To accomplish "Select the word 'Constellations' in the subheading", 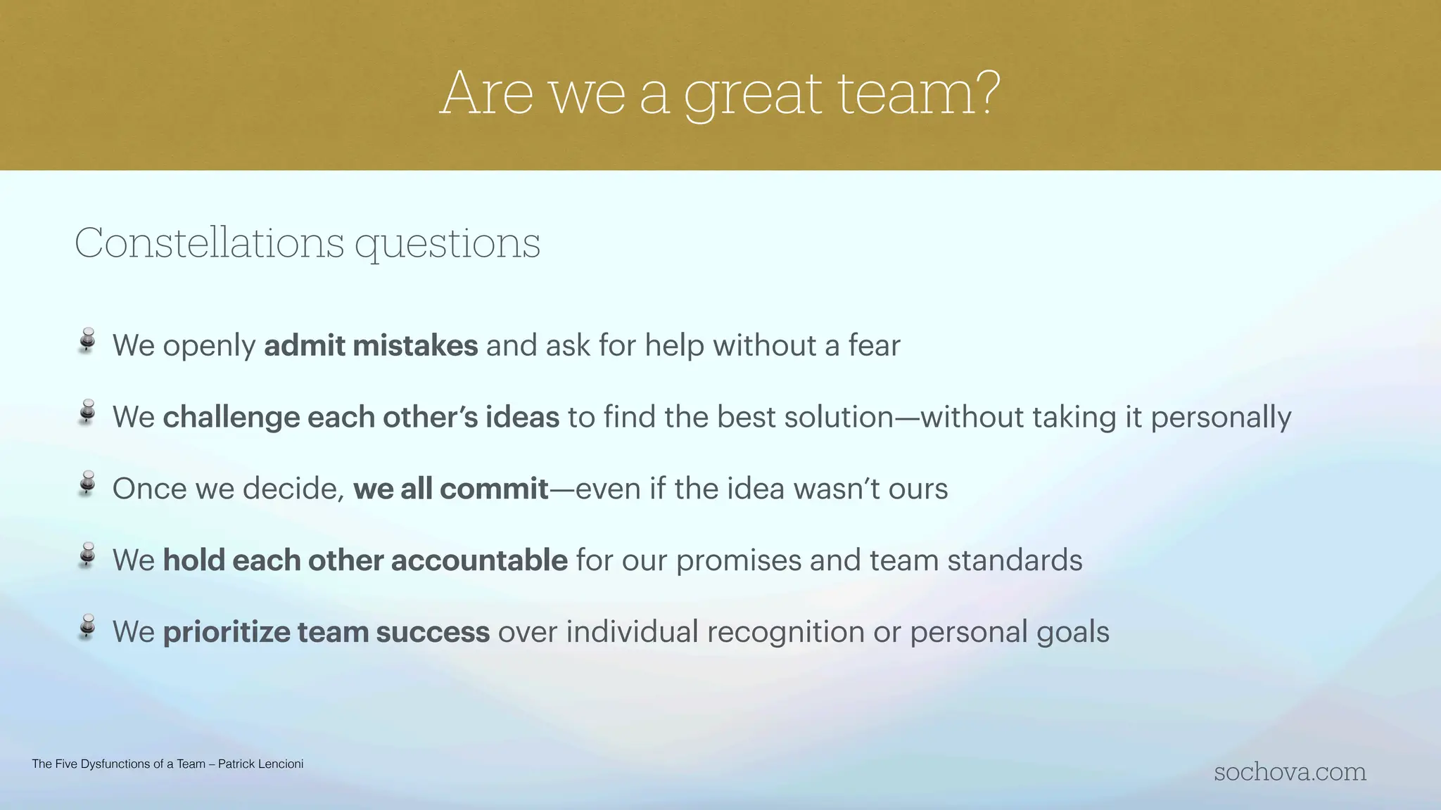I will point(209,243).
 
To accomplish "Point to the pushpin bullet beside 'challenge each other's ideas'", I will point(87,412).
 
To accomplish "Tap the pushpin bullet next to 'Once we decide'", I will point(87,484).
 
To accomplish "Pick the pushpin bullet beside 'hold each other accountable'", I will point(87,555).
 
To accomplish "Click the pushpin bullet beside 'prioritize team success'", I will point(87,627).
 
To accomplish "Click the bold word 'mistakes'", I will point(415,346).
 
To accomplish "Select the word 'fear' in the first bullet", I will point(874,346).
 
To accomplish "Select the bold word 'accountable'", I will point(479,561).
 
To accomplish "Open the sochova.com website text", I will point(1290,772).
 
